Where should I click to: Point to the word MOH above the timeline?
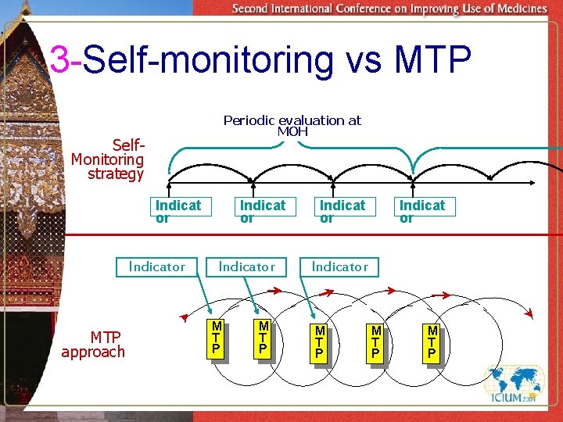[x=292, y=131]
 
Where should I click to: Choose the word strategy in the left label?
[x=116, y=173]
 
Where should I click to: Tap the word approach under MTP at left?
[x=93, y=352]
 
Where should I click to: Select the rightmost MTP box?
[x=432, y=342]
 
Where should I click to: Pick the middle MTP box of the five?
[x=319, y=342]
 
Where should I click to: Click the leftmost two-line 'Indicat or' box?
[x=178, y=211]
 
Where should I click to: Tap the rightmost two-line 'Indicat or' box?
[x=421, y=211]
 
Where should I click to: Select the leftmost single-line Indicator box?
[x=156, y=266]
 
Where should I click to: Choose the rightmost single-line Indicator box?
[x=339, y=266]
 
